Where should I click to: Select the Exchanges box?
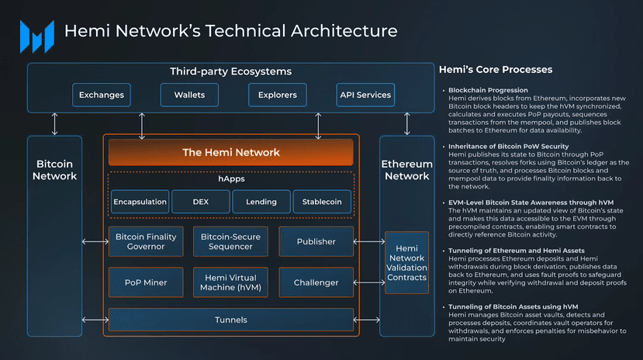(102, 95)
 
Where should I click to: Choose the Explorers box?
(278, 95)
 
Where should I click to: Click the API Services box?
(365, 95)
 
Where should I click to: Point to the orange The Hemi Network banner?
(231, 152)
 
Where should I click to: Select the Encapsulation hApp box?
(140, 202)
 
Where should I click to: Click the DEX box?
(200, 202)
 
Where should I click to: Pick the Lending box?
(261, 202)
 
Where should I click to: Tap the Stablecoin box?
(322, 202)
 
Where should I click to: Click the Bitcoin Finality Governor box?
(146, 241)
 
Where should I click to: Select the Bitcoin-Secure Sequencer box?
(230, 241)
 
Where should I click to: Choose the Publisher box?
(316, 241)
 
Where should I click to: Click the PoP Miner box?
(146, 282)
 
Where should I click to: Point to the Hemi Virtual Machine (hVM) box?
(230, 282)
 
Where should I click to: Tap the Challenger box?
(316, 282)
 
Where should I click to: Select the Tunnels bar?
(231, 320)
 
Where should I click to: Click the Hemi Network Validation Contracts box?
(406, 262)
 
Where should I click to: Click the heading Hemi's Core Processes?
(495, 70)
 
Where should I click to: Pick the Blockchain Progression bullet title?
(488, 90)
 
